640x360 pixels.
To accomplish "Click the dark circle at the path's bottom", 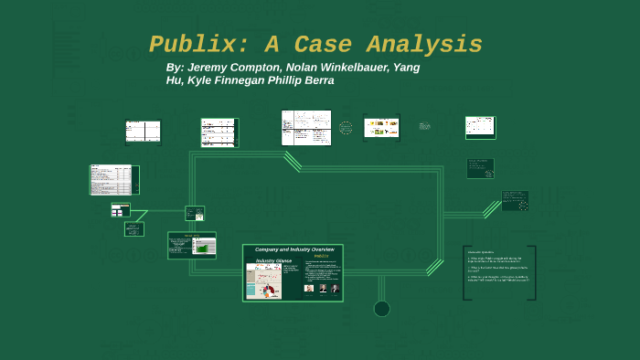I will [x=382, y=309].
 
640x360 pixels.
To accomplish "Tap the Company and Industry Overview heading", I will [x=293, y=249].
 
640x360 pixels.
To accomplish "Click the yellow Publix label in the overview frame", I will [x=321, y=256].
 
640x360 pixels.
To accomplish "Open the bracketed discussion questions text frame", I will [x=499, y=272].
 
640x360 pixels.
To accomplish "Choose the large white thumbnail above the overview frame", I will [x=306, y=129].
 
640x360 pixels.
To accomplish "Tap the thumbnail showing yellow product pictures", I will [x=381, y=128].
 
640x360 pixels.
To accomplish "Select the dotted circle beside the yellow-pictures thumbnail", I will [x=346, y=128].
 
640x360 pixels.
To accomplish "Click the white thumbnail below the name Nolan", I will [x=219, y=132].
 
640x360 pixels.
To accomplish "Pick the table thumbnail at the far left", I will [x=112, y=179].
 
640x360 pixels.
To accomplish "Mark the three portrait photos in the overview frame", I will [x=322, y=288].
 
